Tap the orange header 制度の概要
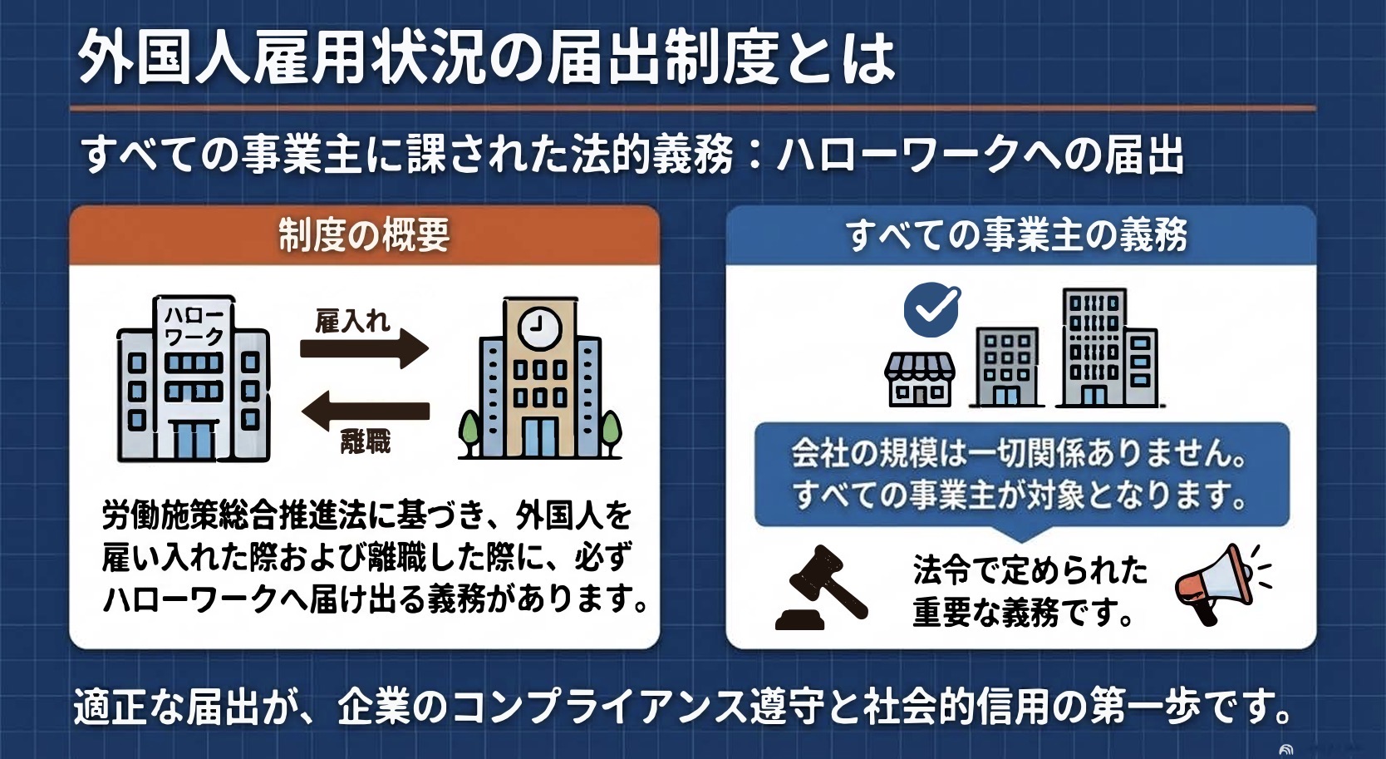coord(364,235)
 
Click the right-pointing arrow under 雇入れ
coord(365,348)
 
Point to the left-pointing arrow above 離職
coord(365,411)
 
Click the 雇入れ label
coord(352,321)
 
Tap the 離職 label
coord(366,442)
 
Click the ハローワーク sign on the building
coord(194,326)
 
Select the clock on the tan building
coord(539,328)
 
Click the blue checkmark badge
coord(931,309)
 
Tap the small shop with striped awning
coord(920,379)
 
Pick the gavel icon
coord(820,588)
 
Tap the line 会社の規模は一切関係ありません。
coord(1019,454)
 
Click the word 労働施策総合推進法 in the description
coord(234,515)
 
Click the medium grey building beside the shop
coord(1007,367)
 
